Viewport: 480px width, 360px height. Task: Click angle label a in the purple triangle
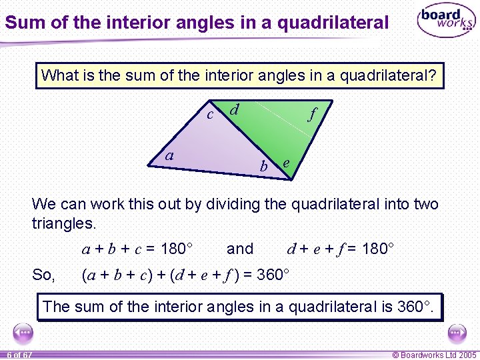tap(169, 155)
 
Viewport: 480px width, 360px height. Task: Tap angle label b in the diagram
tap(264, 167)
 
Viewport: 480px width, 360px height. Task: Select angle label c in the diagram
tap(210, 115)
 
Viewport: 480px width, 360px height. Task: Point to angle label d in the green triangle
tap(235, 109)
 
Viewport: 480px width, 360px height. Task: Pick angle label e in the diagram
tap(286, 163)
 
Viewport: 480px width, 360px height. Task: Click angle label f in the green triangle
tap(312, 114)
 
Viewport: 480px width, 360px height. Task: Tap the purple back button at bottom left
tap(23, 331)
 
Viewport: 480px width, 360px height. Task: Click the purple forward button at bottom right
tap(457, 331)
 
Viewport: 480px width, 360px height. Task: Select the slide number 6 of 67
tap(20, 355)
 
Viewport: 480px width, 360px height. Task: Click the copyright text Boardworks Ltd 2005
tap(435, 355)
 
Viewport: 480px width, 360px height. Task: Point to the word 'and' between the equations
tap(240, 249)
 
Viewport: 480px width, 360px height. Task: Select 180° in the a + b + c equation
tap(177, 249)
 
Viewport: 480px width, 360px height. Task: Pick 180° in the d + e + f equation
tap(378, 249)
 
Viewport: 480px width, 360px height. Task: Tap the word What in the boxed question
tap(59, 75)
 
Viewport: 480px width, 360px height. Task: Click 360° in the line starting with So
tap(273, 275)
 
